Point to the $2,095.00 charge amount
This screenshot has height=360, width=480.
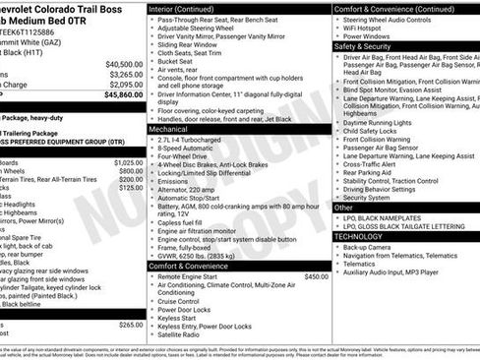[126, 85]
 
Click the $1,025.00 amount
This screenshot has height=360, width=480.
[128, 162]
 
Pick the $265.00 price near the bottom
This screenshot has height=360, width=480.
[130, 324]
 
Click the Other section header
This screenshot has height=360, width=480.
[343, 208]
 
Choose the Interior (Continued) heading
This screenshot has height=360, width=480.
[189, 8]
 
